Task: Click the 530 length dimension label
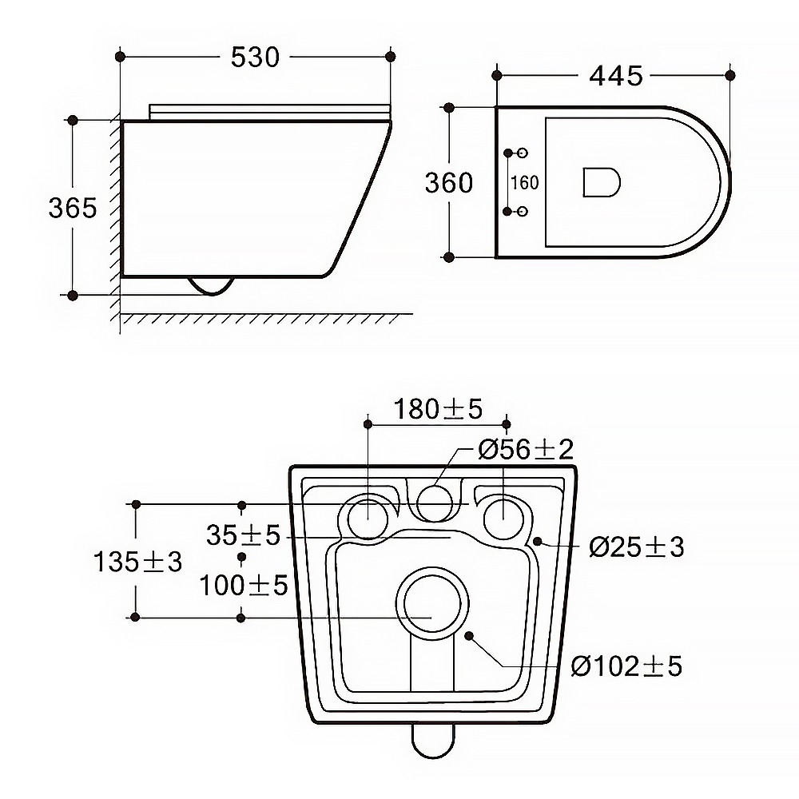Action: (255, 57)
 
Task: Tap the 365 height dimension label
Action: (73, 208)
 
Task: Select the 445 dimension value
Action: (615, 76)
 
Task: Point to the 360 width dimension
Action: (449, 182)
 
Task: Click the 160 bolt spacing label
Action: (524, 182)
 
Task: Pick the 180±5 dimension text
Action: (438, 408)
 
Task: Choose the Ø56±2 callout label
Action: (526, 449)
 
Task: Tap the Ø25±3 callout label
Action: (636, 547)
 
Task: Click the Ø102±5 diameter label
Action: (626, 666)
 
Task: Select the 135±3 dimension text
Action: (137, 562)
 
